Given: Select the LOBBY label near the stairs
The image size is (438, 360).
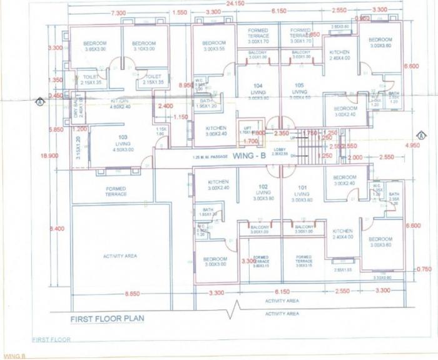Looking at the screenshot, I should point(279,151).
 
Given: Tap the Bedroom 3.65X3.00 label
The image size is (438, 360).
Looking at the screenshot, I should point(95,46).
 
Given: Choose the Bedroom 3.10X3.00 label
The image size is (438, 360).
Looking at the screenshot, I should point(145,46).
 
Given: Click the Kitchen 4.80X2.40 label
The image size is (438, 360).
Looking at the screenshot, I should point(120,104).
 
